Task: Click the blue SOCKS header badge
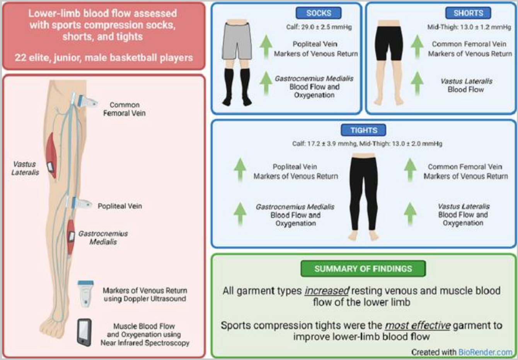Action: pos(319,13)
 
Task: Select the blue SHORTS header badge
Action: pos(468,13)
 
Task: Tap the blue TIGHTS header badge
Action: pos(363,130)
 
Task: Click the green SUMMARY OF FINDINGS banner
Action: pos(363,268)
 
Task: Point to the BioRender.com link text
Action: pos(485,352)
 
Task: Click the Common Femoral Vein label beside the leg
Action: pos(124,109)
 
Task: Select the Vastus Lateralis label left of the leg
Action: pos(25,168)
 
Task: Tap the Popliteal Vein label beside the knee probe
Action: pos(119,206)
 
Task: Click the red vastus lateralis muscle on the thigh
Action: pos(51,155)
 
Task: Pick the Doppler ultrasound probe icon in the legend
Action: pos(85,294)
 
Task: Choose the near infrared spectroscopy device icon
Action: pos(84,332)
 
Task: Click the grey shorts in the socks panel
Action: pos(237,41)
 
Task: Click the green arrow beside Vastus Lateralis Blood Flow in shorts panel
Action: pos(417,83)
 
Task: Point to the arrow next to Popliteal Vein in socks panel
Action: pos(266,47)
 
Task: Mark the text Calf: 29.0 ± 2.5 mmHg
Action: pos(319,27)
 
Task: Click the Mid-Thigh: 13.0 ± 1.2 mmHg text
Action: pos(469,27)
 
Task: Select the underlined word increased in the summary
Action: pos(327,290)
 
